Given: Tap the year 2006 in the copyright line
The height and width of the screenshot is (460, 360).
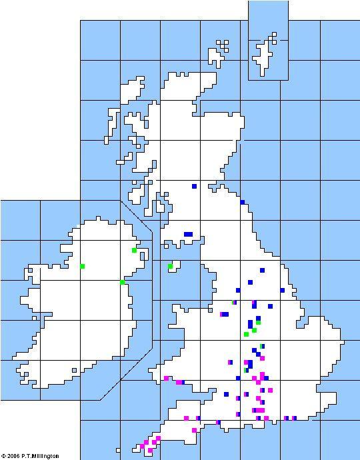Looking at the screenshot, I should pyautogui.click(x=14, y=456).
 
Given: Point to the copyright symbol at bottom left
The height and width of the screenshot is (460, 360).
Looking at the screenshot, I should pyautogui.click(x=3, y=456).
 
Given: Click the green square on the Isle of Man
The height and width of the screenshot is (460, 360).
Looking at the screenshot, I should pyautogui.click(x=171, y=267).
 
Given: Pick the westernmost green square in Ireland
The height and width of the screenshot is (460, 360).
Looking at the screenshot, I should pyautogui.click(x=83, y=266).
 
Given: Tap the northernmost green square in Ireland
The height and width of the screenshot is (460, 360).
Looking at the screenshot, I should pyautogui.click(x=134, y=250).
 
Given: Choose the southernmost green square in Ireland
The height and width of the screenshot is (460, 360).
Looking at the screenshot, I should pyautogui.click(x=123, y=282).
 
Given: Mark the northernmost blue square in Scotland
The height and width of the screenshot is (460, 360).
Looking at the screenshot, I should pyautogui.click(x=194, y=187).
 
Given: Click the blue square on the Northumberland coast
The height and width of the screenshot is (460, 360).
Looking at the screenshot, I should pyautogui.click(x=243, y=202).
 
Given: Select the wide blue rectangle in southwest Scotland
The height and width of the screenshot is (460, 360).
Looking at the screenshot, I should pyautogui.click(x=189, y=234).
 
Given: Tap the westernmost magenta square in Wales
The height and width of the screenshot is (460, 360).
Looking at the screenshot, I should pyautogui.click(x=166, y=378).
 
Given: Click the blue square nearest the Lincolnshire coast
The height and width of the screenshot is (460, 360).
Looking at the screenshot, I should pyautogui.click(x=283, y=291).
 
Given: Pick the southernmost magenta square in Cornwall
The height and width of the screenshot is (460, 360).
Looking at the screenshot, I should pyautogui.click(x=150, y=451).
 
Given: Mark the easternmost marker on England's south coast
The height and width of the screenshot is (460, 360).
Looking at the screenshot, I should pyautogui.click(x=294, y=418).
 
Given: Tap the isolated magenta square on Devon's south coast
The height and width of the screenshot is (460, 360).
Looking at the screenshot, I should pyautogui.click(x=194, y=430).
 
